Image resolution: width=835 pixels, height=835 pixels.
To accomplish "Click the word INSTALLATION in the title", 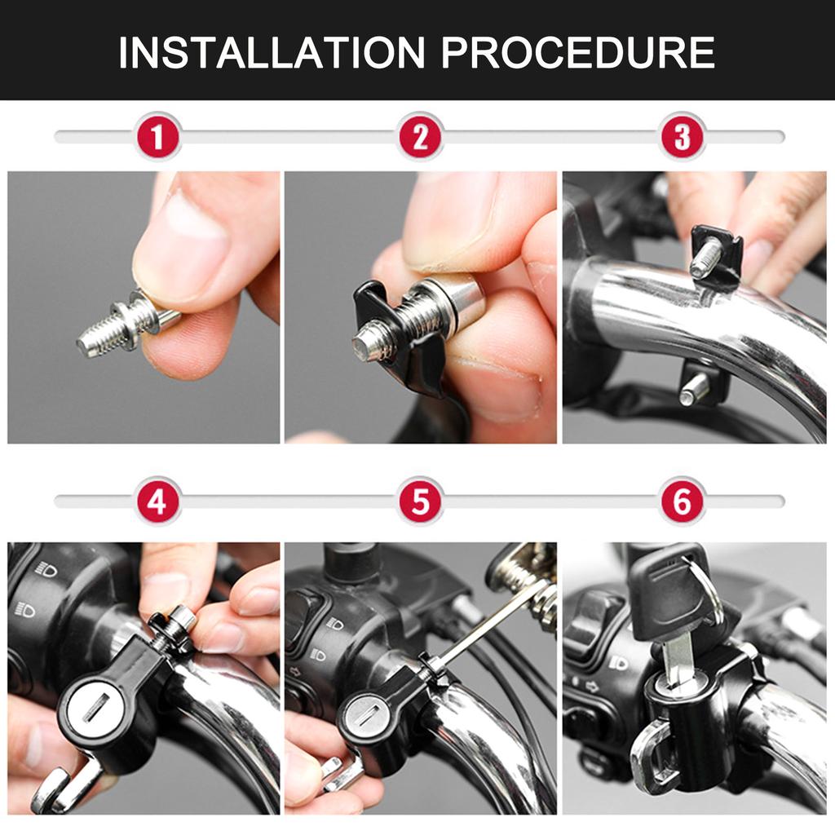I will pos(272,52).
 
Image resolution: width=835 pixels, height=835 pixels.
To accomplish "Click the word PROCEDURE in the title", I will pos(577,52).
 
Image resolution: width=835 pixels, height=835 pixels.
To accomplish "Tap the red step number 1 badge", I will pos(157,137).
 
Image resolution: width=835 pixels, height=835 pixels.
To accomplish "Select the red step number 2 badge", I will pos(420,137).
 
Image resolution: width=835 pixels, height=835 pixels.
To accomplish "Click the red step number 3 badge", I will pos(682,137).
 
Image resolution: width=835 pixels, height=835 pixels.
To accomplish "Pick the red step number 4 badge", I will pos(157,501).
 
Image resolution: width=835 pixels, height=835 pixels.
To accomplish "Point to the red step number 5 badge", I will pos(420,501).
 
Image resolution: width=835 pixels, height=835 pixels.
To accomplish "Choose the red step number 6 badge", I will pos(682,501).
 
